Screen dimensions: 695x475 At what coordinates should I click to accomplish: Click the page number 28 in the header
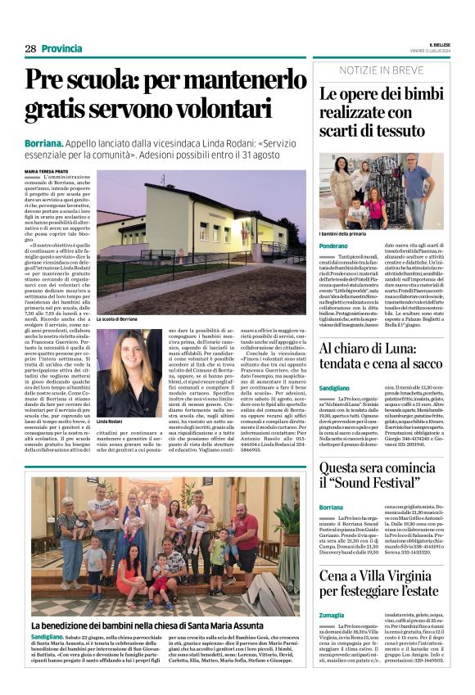click(30, 48)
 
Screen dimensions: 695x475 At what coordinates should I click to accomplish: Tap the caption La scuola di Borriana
click(117, 318)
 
